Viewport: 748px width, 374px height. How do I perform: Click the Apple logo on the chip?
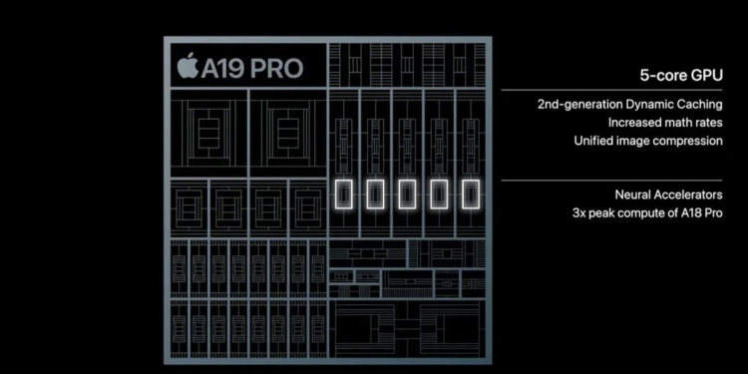click(187, 68)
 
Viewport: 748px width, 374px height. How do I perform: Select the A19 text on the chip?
click(221, 69)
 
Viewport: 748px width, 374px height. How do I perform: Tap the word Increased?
click(636, 123)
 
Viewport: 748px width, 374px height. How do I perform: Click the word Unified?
click(595, 141)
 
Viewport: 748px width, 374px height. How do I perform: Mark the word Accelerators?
click(691, 194)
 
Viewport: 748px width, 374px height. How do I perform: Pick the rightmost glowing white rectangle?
click(469, 195)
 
